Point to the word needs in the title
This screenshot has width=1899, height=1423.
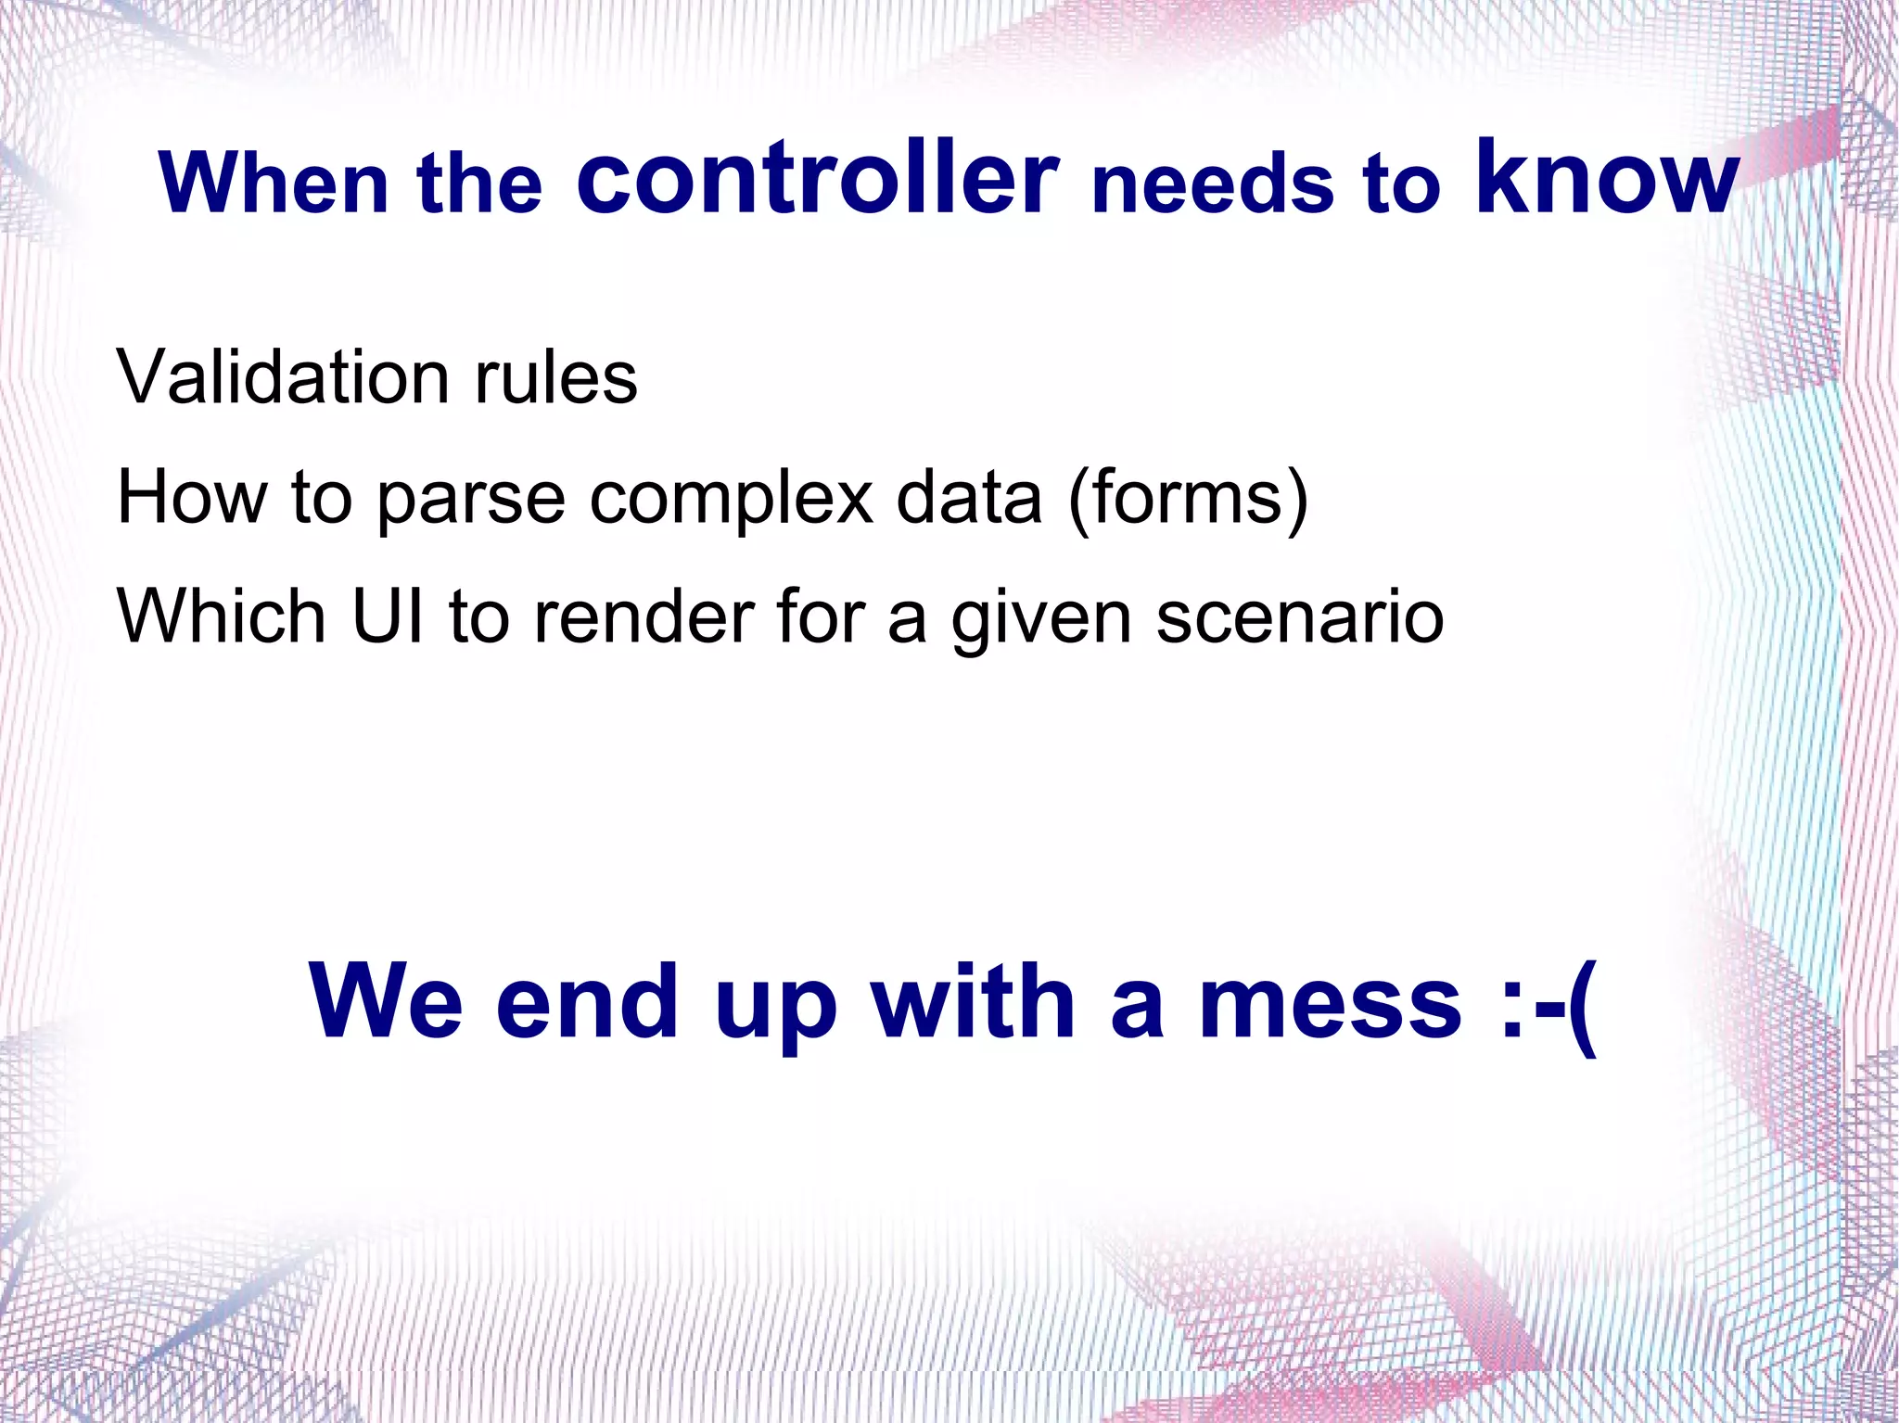[1213, 184]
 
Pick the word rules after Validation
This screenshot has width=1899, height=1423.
[555, 377]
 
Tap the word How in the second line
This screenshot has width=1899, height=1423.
[192, 498]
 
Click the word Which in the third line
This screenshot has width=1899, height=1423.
[222, 616]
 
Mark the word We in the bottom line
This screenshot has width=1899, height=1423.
[386, 1002]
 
